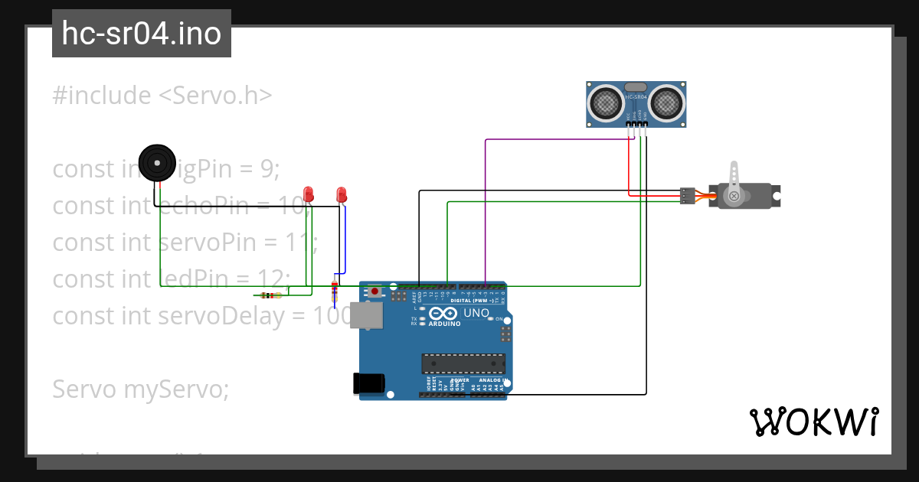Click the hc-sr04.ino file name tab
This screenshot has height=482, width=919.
142,34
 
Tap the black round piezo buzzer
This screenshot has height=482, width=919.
157,163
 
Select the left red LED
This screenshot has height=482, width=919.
309,194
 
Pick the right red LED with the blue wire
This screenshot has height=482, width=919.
342,194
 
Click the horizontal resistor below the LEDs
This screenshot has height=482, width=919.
268,295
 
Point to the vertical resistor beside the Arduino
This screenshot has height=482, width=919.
334,291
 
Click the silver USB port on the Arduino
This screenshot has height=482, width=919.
366,315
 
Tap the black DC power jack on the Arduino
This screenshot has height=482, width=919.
368,383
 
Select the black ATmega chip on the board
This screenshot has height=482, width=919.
463,365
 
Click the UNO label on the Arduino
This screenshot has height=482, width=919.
476,313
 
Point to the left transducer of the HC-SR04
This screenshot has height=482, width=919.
607,101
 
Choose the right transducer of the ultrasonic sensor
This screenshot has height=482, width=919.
667,101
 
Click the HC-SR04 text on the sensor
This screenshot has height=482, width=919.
636,98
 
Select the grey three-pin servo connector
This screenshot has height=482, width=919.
688,196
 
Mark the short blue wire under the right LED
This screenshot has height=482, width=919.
345,237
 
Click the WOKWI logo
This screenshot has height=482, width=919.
813,422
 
